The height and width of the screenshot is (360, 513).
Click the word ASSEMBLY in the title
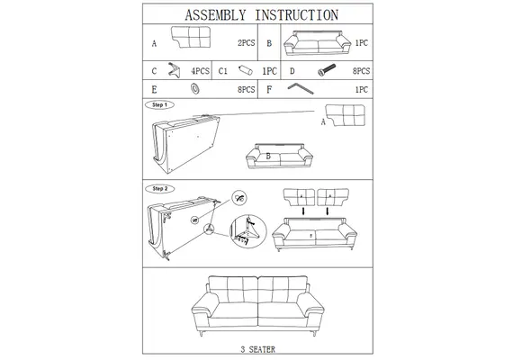[215, 15]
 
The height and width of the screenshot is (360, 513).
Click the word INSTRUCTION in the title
[297, 15]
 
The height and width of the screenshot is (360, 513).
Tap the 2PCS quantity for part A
[246, 43]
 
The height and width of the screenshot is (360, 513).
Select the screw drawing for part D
[327, 69]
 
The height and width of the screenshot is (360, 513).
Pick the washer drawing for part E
[195, 89]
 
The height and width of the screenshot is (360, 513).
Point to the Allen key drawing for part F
[301, 88]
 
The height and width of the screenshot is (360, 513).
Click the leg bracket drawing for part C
[174, 70]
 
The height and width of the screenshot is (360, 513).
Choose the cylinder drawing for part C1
[246, 70]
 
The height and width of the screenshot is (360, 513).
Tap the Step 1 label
[159, 105]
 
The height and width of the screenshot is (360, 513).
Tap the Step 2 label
[159, 189]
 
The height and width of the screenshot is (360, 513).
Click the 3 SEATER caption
[257, 349]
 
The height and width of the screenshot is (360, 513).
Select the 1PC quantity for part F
[362, 90]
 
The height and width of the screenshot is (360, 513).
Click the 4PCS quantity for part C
[200, 71]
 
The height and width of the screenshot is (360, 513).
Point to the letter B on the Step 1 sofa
[268, 156]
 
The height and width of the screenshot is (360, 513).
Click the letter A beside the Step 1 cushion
[323, 122]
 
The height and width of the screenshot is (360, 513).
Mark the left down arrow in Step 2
[303, 211]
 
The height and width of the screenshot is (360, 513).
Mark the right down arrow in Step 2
[328, 211]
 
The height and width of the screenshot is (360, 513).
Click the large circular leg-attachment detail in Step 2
[248, 231]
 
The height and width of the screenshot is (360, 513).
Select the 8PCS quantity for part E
[246, 90]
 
